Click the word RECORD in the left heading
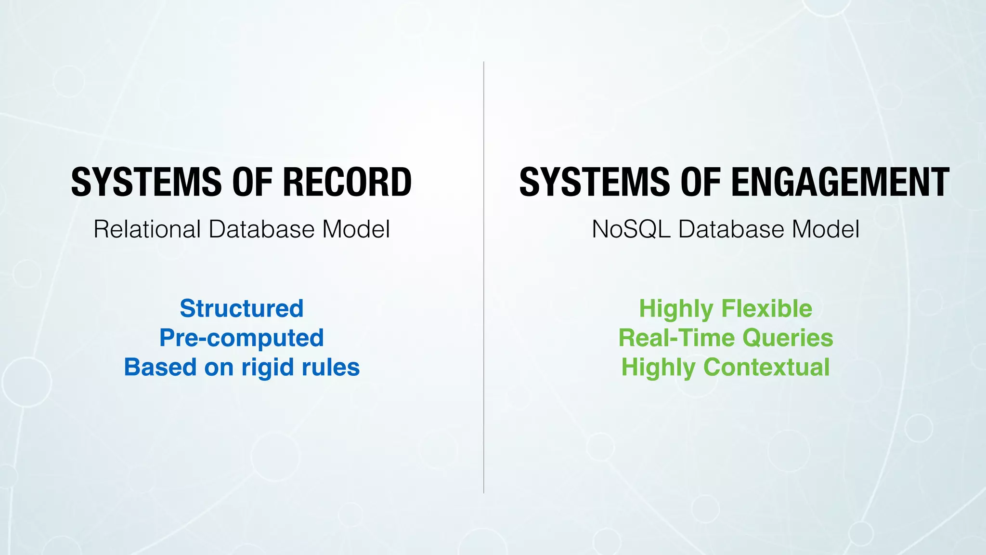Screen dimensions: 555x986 pos(347,182)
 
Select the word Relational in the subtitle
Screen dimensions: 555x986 pos(147,229)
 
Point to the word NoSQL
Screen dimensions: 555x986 pos(631,229)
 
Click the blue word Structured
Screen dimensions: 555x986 pos(242,308)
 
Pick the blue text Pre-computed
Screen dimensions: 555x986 pos(242,338)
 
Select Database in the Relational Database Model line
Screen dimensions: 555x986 pos(262,229)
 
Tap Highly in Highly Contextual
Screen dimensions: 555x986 pos(658,368)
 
